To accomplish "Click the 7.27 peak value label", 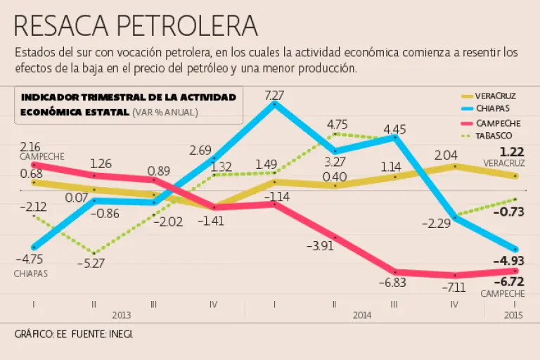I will tap(274, 95).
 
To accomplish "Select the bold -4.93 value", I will tap(508, 262).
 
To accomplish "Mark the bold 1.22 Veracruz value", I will tap(511, 152).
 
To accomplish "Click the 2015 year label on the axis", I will tap(515, 316).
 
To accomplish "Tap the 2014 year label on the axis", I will tap(362, 316).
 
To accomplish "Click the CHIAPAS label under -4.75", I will tap(31, 274).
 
